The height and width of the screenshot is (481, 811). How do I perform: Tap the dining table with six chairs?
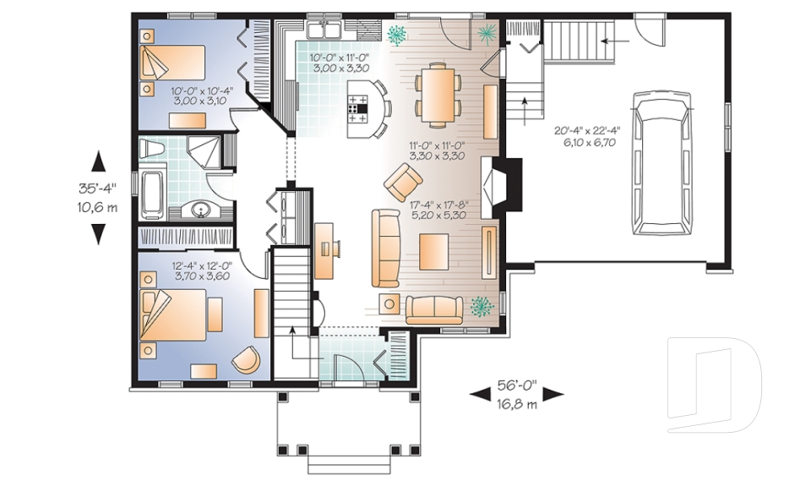(x=438, y=90)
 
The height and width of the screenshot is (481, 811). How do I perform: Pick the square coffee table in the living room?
(x=437, y=250)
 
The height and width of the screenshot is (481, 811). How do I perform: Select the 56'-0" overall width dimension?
(x=515, y=393)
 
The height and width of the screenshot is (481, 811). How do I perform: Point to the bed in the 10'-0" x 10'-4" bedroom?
(x=175, y=63)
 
